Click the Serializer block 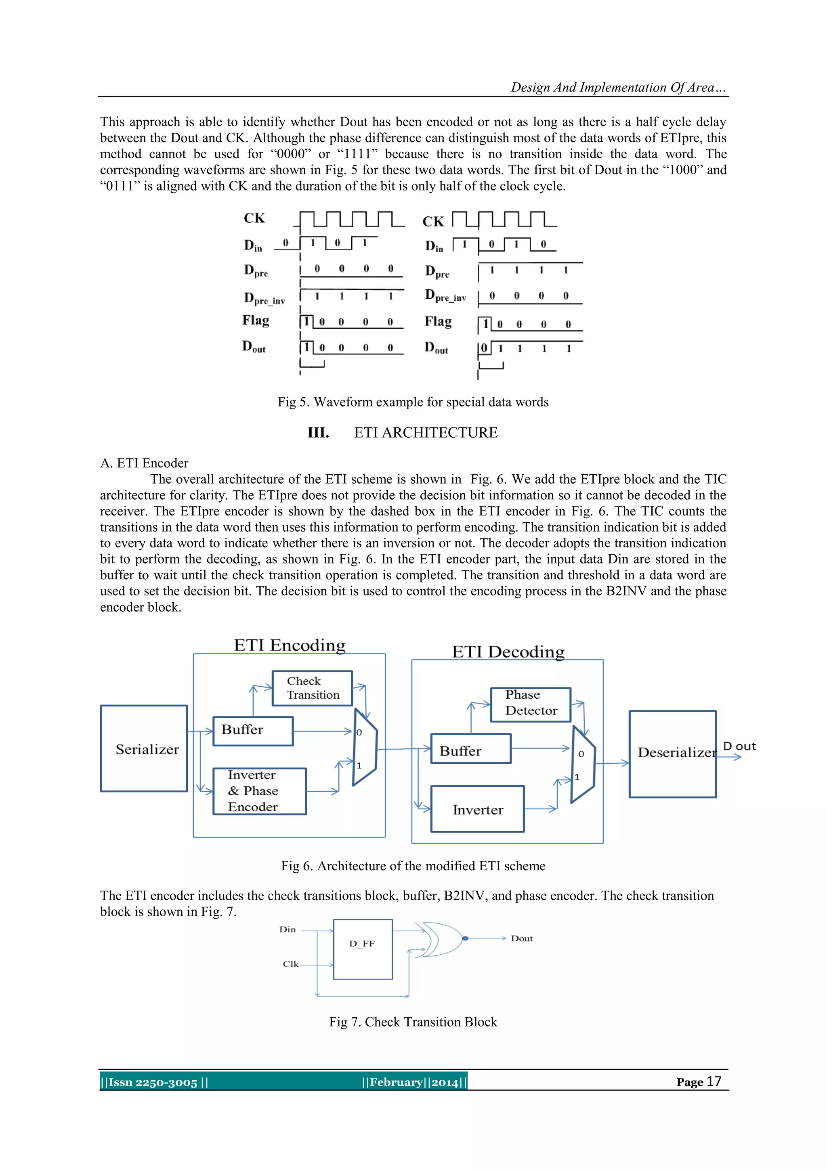coord(144,748)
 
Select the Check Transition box coord(312,688)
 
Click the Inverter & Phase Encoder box coord(259,791)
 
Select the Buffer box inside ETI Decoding coord(470,748)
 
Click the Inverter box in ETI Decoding coord(477,809)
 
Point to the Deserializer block coord(672,754)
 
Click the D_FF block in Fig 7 coord(363,949)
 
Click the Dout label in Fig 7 coord(521,939)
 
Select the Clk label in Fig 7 coord(290,964)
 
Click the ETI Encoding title coord(289,645)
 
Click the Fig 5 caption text coord(413,402)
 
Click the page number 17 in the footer coord(714,1081)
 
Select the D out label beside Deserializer coord(739,746)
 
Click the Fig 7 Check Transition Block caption coord(413,1021)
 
